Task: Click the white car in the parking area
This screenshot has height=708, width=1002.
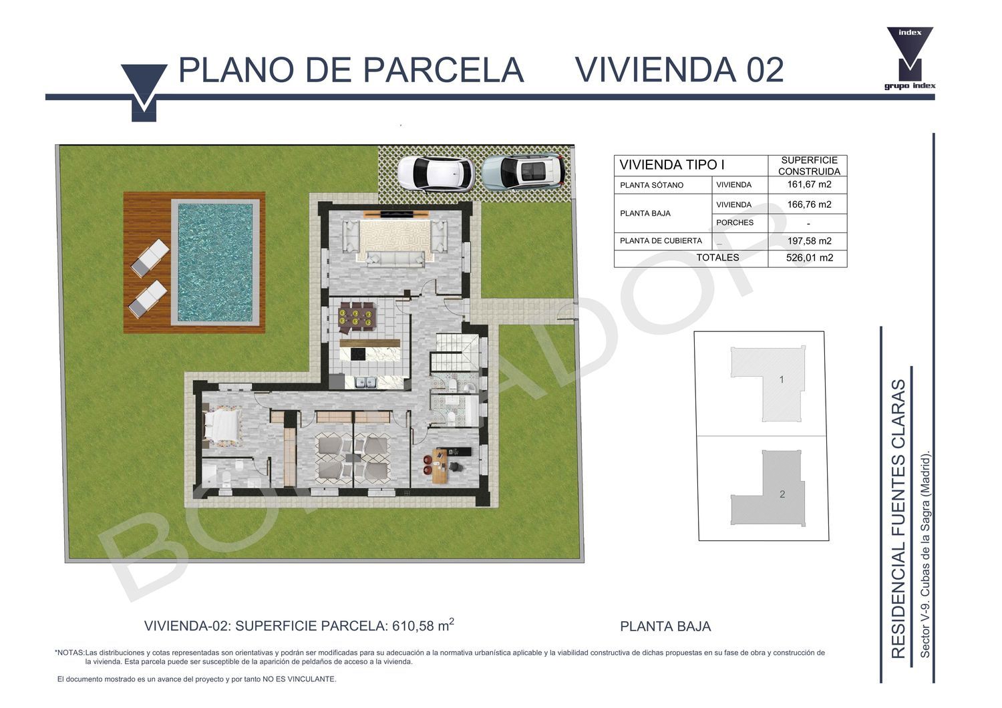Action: tap(436, 174)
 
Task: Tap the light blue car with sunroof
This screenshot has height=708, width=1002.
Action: tap(523, 172)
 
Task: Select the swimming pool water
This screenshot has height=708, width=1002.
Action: tap(215, 262)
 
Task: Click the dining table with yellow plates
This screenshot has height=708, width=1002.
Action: tap(356, 317)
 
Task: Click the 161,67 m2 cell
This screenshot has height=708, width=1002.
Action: tap(809, 184)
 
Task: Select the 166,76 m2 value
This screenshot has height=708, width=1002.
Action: tap(809, 204)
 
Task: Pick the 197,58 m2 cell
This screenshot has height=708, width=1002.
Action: tap(809, 241)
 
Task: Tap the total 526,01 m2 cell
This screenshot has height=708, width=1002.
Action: tap(809, 258)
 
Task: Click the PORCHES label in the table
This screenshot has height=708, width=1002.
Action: tap(735, 222)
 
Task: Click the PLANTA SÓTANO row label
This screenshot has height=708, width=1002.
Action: tap(651, 185)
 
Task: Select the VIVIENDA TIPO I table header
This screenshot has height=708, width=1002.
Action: tap(671, 165)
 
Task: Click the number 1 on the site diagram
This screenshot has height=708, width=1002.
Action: tap(782, 380)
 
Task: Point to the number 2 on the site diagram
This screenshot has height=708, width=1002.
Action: tap(782, 494)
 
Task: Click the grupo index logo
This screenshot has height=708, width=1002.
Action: tap(910, 58)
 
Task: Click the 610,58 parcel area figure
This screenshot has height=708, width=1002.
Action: tap(413, 626)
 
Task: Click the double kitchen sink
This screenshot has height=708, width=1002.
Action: tap(365, 383)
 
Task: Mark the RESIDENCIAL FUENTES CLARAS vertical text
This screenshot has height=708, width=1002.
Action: tap(898, 519)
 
